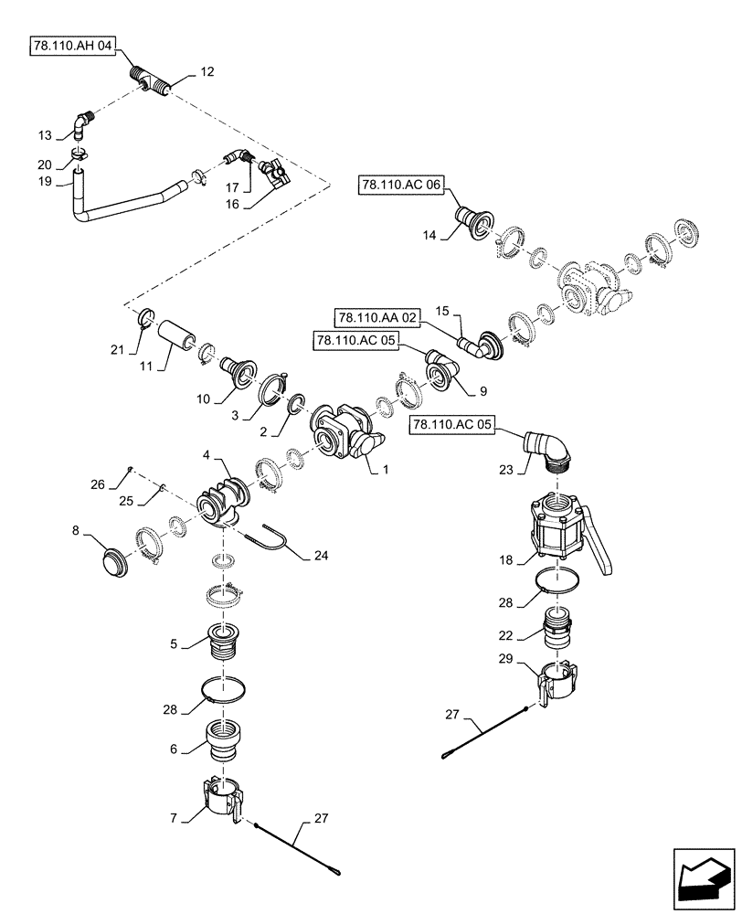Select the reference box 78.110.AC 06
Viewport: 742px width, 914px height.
[400, 186]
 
